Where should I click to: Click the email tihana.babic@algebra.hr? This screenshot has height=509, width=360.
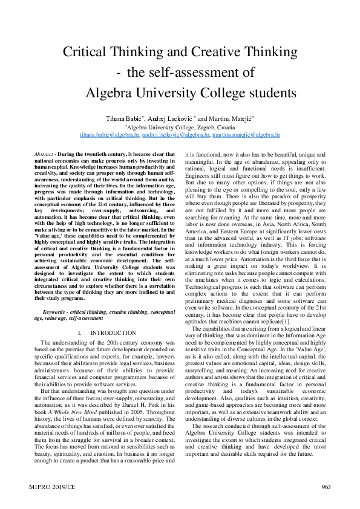click(110, 135)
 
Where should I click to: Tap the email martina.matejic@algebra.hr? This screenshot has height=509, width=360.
click(246, 135)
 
